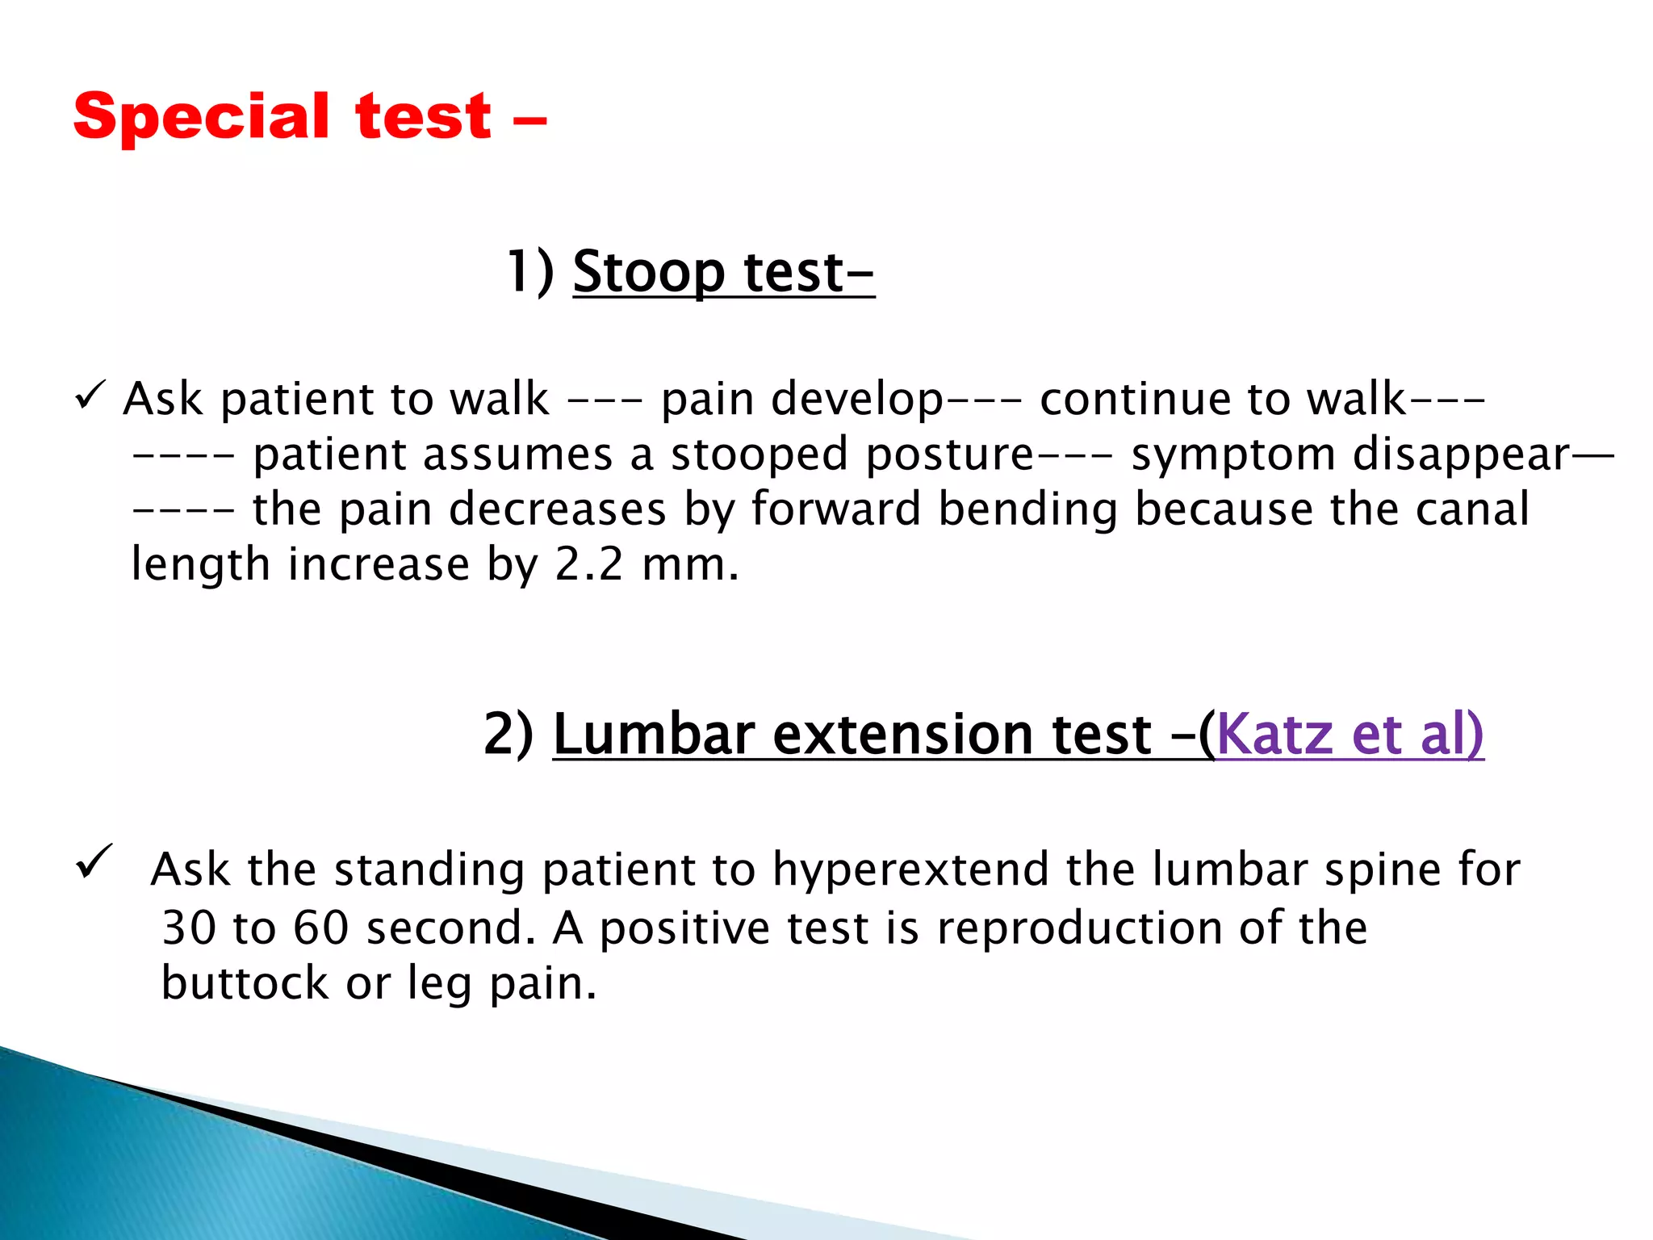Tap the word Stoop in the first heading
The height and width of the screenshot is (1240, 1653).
649,272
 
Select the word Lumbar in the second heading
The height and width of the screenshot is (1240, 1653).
653,734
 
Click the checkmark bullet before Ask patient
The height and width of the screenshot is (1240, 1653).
88,396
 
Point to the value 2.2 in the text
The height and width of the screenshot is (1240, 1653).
589,563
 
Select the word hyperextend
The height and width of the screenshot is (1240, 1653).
910,869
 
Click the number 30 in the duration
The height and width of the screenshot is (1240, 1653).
189,928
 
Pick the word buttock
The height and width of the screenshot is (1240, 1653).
245,982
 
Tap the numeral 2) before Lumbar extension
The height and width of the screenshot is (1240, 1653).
508,734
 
